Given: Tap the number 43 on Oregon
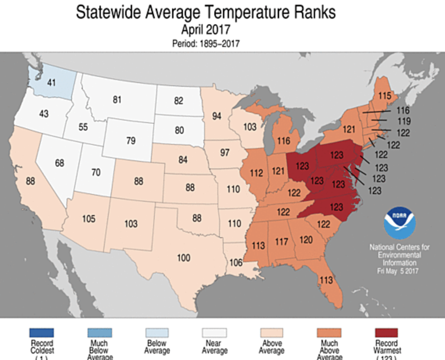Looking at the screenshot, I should [x=44, y=113].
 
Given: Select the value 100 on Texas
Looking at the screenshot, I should [x=183, y=257].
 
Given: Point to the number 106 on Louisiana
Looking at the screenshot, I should [x=236, y=262].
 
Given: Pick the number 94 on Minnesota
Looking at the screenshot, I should [x=217, y=116].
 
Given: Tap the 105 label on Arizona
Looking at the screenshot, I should [x=89, y=218].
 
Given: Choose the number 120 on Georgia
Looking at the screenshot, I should [x=306, y=239].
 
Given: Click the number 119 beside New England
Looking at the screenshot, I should [x=404, y=121].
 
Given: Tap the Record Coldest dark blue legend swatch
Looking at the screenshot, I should [x=41, y=333].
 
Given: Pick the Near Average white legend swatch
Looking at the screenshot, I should [x=214, y=333].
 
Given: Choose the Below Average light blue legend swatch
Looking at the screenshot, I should [x=156, y=333].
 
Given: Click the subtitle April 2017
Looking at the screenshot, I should [x=205, y=30].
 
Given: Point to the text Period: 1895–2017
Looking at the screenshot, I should [x=206, y=43].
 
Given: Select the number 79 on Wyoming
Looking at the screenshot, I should [x=131, y=140].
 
